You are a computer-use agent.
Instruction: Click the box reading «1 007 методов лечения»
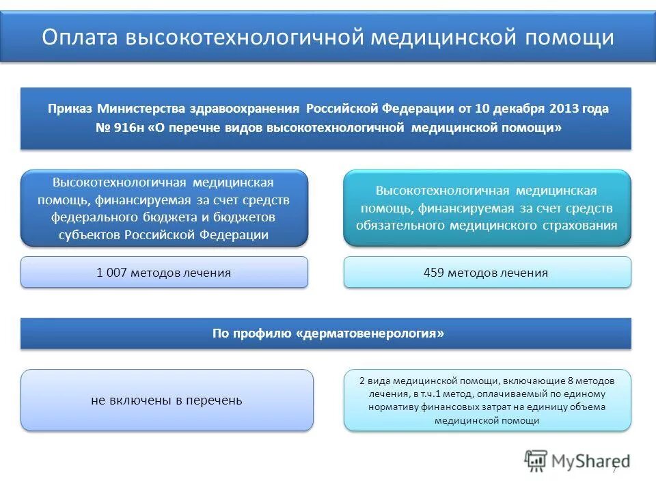point(164,273)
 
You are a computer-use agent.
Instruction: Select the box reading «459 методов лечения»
point(487,273)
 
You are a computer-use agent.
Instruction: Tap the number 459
point(435,273)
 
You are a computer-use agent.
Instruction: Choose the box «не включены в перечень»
point(167,400)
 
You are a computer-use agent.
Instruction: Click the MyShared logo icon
point(536,461)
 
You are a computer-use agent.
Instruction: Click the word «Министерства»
point(143,109)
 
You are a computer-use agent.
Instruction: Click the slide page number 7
point(614,470)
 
